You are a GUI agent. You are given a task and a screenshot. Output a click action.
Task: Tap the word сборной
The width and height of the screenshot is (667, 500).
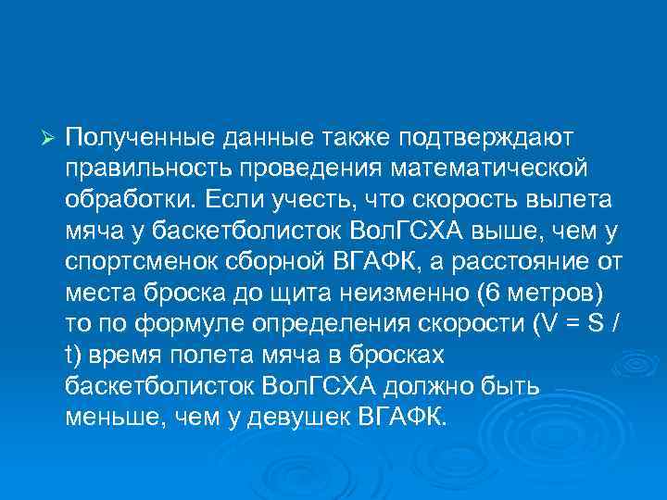tap(270, 263)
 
